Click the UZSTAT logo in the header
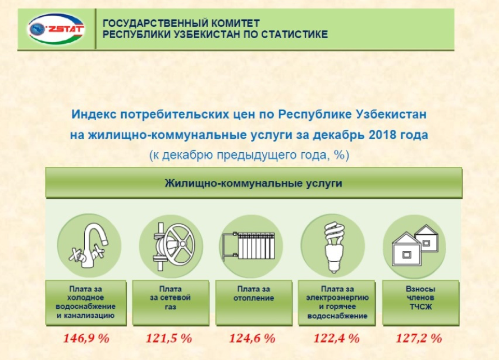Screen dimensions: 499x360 (x=56, y=29)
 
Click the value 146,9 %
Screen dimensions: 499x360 (x=86, y=338)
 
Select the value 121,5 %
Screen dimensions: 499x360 (x=169, y=338)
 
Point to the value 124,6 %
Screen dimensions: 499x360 (x=252, y=338)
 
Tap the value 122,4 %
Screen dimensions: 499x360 (x=336, y=338)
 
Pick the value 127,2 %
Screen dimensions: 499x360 (x=419, y=338)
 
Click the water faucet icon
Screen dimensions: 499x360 (x=89, y=245)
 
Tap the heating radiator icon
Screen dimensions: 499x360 (x=249, y=245)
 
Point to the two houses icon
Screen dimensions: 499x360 (x=415, y=245)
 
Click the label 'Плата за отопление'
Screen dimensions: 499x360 (x=254, y=294)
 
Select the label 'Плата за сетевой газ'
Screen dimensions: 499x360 (x=170, y=298)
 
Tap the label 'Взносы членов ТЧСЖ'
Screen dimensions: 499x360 (x=420, y=298)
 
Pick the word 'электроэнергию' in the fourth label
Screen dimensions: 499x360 (x=337, y=298)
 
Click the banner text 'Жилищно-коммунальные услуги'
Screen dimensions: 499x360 (x=253, y=183)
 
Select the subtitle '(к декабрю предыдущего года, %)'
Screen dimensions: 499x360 (x=249, y=155)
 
